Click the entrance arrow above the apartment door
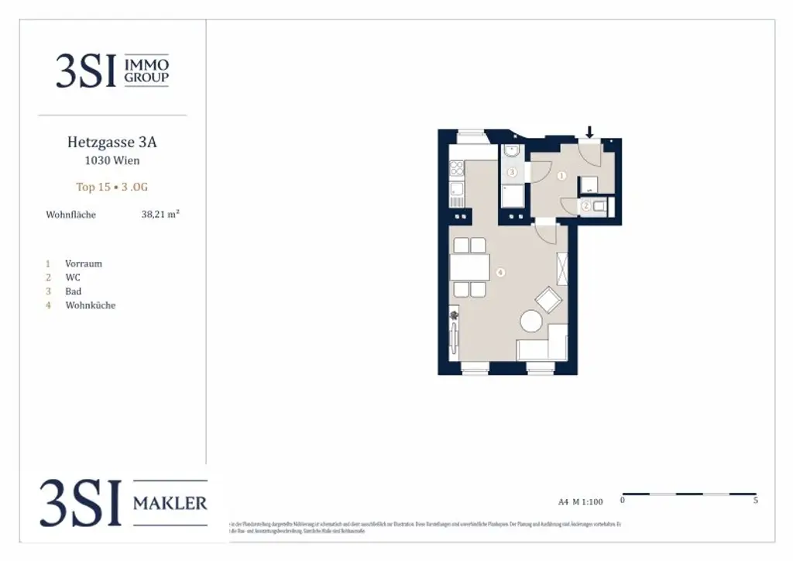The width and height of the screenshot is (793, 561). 589,133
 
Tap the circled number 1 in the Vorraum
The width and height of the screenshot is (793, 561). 562,176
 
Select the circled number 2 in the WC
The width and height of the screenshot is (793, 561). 586,206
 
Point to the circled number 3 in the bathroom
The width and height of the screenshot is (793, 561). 511,172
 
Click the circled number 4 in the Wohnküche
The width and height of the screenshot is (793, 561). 501,273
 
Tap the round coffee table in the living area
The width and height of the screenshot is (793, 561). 531,320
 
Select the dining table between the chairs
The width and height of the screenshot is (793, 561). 470,268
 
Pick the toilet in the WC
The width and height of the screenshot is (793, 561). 604,206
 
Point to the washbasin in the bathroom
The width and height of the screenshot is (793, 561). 510,151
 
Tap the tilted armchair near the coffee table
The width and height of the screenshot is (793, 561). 549,300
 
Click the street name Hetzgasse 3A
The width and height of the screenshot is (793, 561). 112,143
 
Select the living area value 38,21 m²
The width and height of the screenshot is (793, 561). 160,215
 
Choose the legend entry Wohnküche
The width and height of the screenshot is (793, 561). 90,305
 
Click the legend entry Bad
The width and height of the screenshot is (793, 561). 73,291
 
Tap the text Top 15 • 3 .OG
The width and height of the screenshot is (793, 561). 112,187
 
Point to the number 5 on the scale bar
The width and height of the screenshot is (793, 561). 755,501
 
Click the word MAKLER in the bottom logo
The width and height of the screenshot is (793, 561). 170,504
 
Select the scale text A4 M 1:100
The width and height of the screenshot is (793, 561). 580,501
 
